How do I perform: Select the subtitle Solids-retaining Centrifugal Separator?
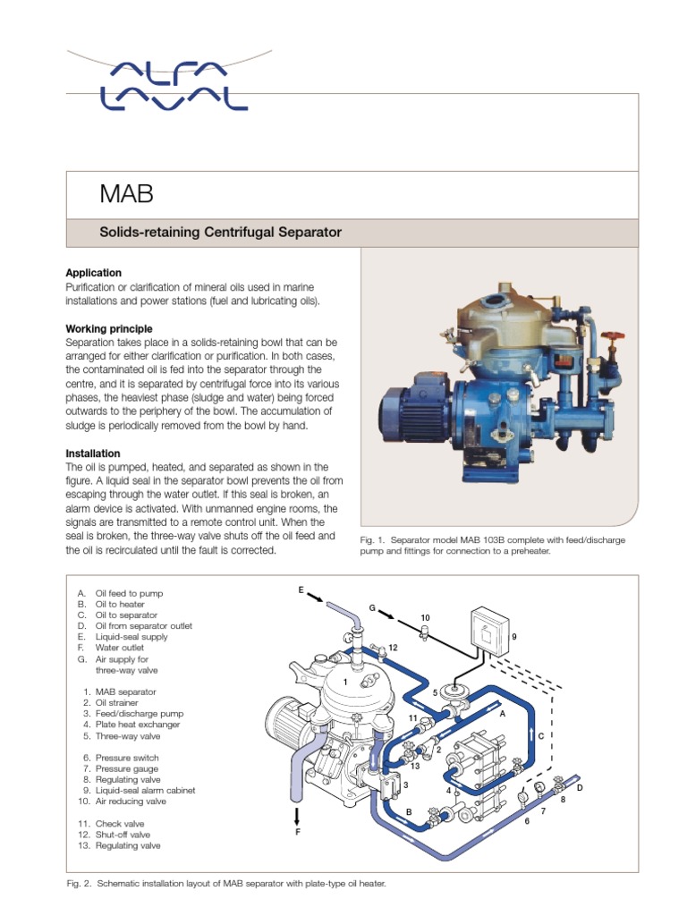pyautogui.click(x=220, y=233)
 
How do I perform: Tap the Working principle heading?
pyautogui.click(x=108, y=329)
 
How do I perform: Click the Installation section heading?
pyautogui.click(x=93, y=454)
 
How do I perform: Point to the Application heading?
pyautogui.click(x=94, y=273)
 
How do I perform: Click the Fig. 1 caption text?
pyautogui.click(x=492, y=545)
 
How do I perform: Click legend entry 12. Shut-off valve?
pyautogui.click(x=116, y=834)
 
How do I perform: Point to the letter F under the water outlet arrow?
pyautogui.click(x=299, y=831)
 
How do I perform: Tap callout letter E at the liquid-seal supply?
pyautogui.click(x=301, y=591)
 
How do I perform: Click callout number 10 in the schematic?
pyautogui.click(x=425, y=618)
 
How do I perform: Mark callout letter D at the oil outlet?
pyautogui.click(x=580, y=787)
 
